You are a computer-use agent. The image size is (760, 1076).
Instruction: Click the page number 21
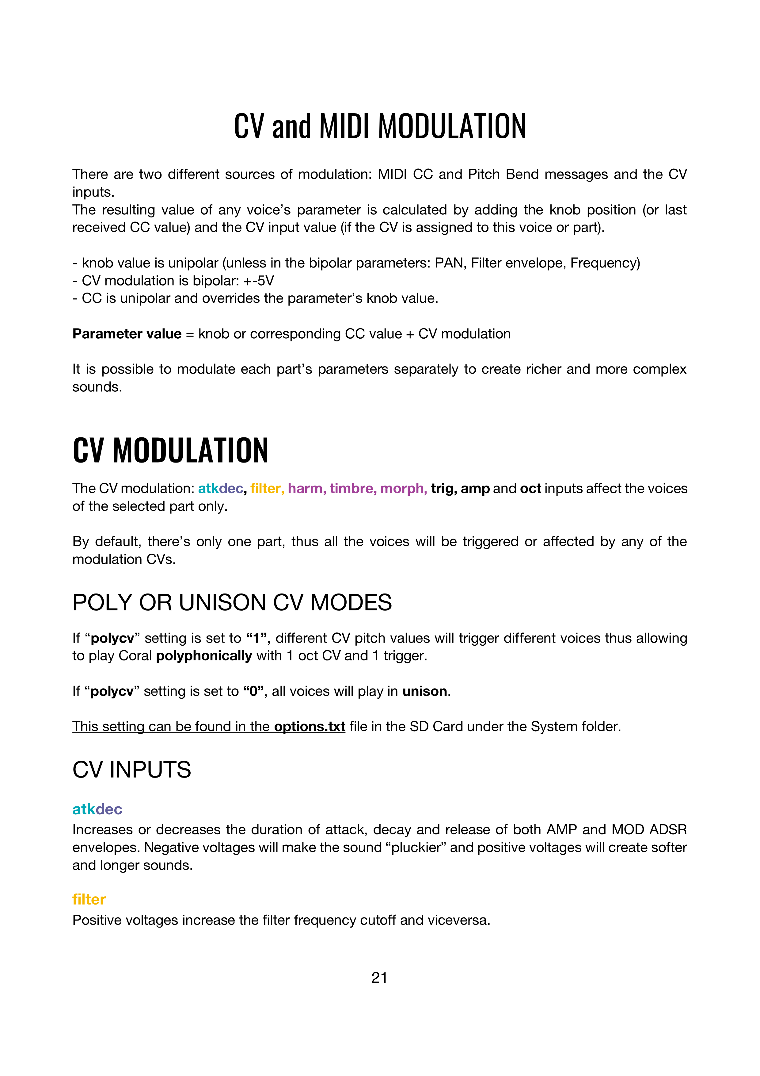[x=379, y=978]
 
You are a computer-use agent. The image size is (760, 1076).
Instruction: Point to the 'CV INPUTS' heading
[x=131, y=770]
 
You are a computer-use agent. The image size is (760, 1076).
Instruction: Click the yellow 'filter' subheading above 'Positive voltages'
[x=89, y=899]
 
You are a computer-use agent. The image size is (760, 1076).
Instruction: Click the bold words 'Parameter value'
[x=127, y=334]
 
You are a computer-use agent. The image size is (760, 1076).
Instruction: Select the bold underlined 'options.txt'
[x=310, y=726]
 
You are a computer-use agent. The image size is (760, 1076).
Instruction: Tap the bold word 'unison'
[x=425, y=691]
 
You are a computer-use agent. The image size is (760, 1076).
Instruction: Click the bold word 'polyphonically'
[x=204, y=655]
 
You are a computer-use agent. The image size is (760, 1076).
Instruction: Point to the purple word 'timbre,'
[x=353, y=488]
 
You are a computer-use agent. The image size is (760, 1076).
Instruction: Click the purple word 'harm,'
[x=307, y=488]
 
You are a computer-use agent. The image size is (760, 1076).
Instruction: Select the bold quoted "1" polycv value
[x=256, y=638]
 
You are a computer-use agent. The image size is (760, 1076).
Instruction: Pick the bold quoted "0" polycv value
[x=254, y=691]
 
